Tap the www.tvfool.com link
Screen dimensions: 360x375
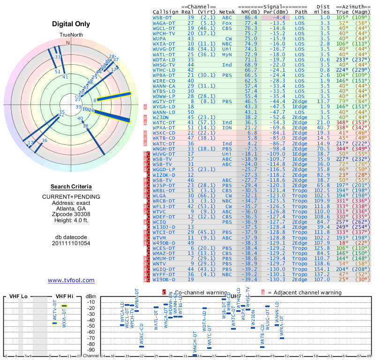coord(71,280)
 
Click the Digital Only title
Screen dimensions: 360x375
coord(71,23)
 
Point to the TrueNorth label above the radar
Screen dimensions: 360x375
coord(70,35)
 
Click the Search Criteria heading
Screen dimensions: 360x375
coord(71,186)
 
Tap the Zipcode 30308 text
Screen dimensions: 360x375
coord(71,214)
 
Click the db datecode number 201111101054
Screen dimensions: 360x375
coord(71,243)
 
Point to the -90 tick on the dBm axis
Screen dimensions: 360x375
coord(90,350)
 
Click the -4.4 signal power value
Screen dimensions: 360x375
coord(280,17)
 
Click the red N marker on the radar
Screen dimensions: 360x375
coord(68,43)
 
